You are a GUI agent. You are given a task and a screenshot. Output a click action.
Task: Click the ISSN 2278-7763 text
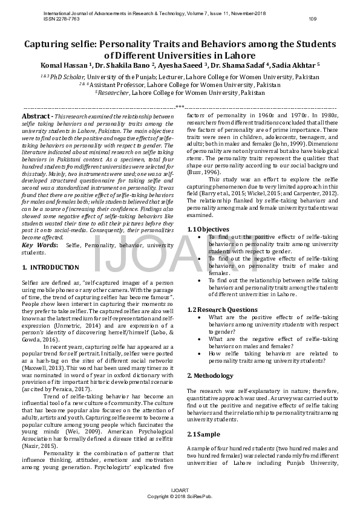(x=62, y=19)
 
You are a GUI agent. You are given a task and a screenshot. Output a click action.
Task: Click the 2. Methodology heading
(x=210, y=375)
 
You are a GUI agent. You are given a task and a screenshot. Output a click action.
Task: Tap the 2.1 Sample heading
(x=205, y=434)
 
